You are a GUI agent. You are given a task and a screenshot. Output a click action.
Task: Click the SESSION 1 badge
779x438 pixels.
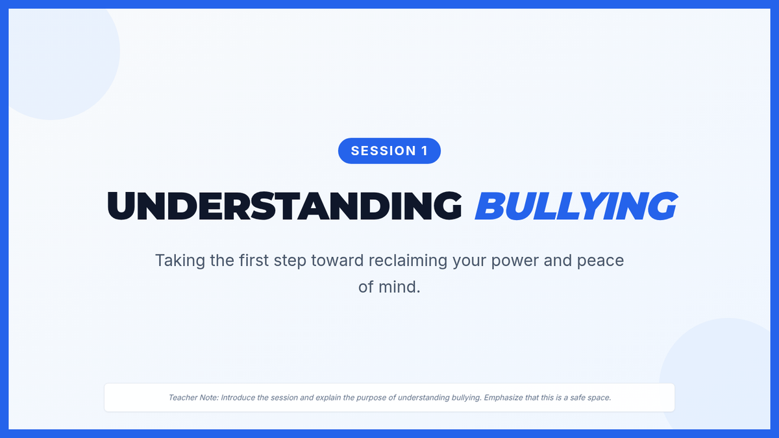(x=389, y=151)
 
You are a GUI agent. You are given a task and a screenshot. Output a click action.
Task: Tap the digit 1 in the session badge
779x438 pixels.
(x=425, y=151)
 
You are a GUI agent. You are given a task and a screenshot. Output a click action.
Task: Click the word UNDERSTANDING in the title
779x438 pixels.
(x=284, y=206)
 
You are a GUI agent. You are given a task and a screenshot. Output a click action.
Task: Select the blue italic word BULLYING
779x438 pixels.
(x=576, y=206)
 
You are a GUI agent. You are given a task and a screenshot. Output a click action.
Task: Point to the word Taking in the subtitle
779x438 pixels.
(x=180, y=261)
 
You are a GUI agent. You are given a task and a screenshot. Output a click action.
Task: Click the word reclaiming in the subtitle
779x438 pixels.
(x=408, y=261)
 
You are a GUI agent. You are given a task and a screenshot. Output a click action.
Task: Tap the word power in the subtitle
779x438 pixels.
(x=515, y=262)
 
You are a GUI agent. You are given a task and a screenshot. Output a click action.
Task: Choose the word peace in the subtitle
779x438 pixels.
(x=600, y=262)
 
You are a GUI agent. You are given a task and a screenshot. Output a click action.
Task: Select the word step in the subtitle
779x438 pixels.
(x=290, y=262)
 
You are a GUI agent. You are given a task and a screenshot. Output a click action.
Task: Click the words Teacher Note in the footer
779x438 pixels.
(x=193, y=398)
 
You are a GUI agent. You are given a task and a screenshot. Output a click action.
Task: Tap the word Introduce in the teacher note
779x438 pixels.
(x=238, y=398)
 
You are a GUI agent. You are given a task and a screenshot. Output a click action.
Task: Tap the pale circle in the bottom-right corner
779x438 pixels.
(x=717, y=376)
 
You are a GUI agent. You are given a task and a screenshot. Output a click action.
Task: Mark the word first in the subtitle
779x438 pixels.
(x=254, y=260)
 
